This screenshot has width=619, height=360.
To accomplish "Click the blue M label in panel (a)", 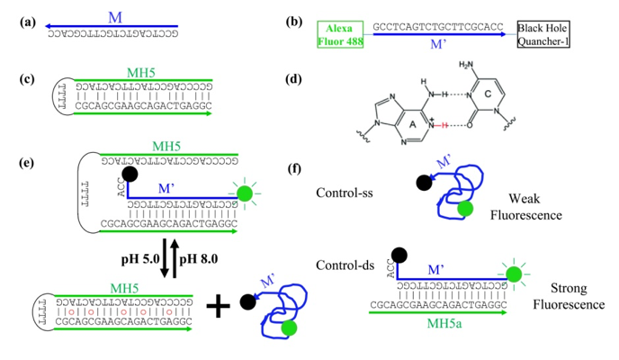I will [x=113, y=17].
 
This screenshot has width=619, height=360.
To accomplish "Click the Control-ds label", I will [x=345, y=264].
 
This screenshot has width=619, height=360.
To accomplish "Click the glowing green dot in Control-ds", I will [x=513, y=274].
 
